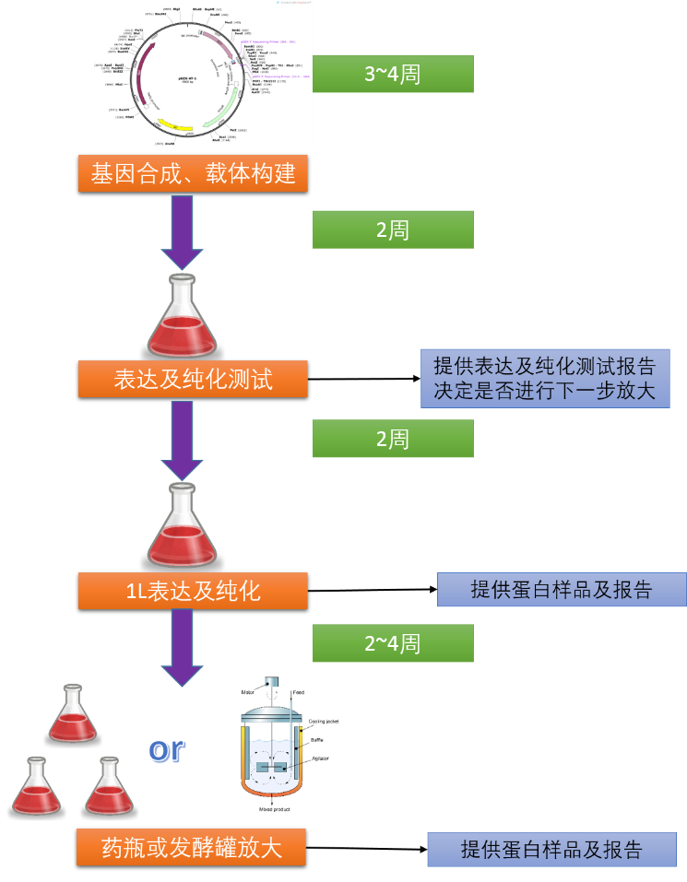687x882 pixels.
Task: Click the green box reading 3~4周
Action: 393,74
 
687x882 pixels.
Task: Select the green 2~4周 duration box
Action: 393,642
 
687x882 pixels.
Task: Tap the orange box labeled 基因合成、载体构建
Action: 193,172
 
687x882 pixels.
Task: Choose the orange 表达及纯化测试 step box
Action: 193,379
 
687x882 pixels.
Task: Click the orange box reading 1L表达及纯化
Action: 193,591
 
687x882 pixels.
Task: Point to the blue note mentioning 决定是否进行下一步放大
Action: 545,378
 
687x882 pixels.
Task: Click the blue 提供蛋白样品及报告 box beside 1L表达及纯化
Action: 562,590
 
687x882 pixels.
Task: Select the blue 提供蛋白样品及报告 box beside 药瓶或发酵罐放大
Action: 551,849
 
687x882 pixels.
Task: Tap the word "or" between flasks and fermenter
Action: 167,749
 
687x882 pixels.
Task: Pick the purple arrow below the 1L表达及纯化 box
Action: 183,647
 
